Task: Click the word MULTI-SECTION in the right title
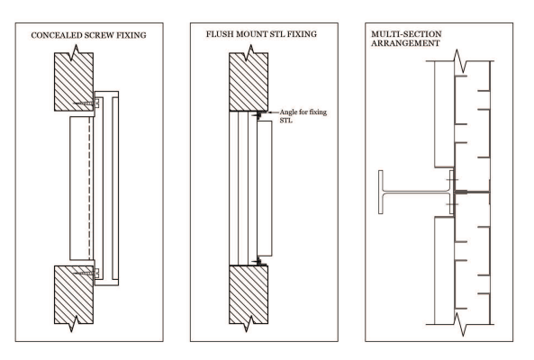pyautogui.click(x=406, y=34)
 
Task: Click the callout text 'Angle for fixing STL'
pyautogui.click(x=303, y=116)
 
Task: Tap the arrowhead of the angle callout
pyautogui.click(x=270, y=112)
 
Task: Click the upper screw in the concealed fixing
pyautogui.click(x=84, y=103)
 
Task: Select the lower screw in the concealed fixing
pyautogui.click(x=84, y=272)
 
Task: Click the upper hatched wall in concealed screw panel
pyautogui.click(x=74, y=82)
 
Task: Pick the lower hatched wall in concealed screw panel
pyautogui.click(x=74, y=294)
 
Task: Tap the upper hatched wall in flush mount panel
pyautogui.click(x=249, y=82)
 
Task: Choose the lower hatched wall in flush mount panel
pyautogui.click(x=249, y=294)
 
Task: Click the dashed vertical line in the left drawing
pyautogui.click(x=90, y=188)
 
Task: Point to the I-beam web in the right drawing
pyautogui.click(x=417, y=193)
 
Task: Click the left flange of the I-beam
pyautogui.click(x=381, y=193)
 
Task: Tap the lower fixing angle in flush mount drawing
pyautogui.click(x=259, y=262)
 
